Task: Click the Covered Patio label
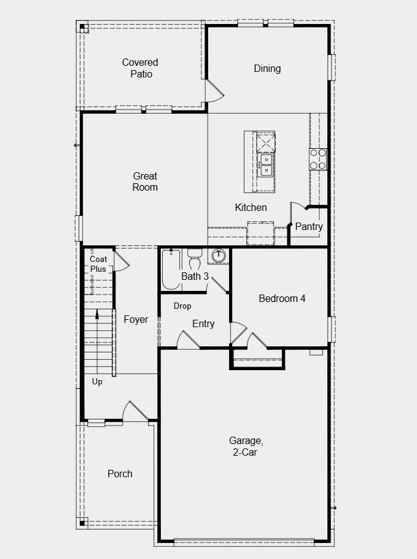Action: click(x=140, y=68)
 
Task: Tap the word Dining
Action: click(x=267, y=68)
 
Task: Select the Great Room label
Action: click(x=145, y=181)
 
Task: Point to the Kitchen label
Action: click(x=251, y=207)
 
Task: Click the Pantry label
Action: click(x=308, y=226)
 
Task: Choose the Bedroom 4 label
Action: click(x=282, y=298)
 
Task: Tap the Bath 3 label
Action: click(x=195, y=276)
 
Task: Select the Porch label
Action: click(x=120, y=474)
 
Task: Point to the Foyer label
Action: click(x=136, y=319)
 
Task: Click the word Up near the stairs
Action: click(x=97, y=382)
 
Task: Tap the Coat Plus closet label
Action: click(x=98, y=264)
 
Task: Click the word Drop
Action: click(x=182, y=306)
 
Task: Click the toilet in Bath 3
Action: click(x=195, y=258)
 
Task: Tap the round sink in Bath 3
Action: click(x=219, y=255)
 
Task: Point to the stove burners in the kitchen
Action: click(x=318, y=159)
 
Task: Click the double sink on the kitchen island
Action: click(x=266, y=164)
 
